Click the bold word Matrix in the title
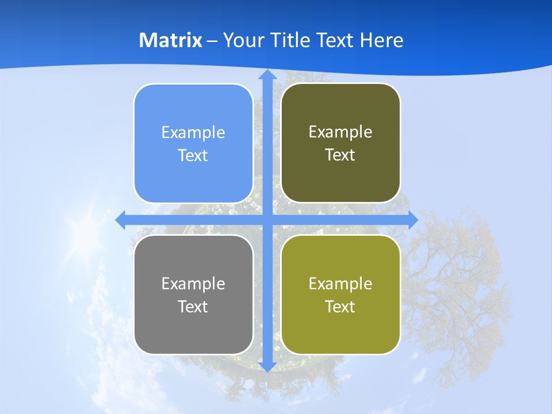click(171, 40)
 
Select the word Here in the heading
click(381, 40)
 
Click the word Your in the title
click(240, 40)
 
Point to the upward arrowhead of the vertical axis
click(267, 75)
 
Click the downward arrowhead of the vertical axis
click(267, 366)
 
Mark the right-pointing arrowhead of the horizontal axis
click(412, 220)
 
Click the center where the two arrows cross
click(267, 220)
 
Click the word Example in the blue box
click(193, 133)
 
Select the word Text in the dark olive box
click(340, 155)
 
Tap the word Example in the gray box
click(193, 284)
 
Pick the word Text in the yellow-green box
click(340, 306)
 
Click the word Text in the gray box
click(193, 306)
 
